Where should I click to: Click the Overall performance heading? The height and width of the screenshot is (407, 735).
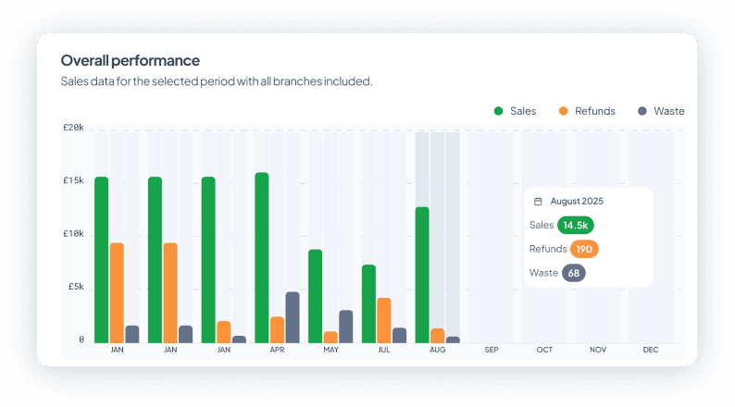130,60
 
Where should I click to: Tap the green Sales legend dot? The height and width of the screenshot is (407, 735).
498,111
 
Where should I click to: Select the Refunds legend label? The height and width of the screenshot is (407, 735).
594,111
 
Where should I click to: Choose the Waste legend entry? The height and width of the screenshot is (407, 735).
668,111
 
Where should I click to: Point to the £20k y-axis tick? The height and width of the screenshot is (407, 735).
73,128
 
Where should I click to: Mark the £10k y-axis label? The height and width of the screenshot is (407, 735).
73,234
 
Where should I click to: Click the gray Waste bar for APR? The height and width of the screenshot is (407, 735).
293,317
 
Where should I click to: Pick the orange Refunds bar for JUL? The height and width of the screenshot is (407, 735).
383,320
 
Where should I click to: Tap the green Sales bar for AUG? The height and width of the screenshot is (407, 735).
422,275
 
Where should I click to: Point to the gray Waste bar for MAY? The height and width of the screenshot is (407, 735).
345,326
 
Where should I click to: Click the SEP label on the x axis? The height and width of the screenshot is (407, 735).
491,350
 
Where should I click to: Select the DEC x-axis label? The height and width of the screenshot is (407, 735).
651,350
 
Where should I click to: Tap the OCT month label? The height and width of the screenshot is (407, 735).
544,350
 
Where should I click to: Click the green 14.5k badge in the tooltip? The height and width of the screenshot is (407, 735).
576,225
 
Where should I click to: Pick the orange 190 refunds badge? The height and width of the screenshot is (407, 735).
583,249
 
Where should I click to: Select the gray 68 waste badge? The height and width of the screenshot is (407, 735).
574,273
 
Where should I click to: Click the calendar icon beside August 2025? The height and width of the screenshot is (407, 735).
538,201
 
